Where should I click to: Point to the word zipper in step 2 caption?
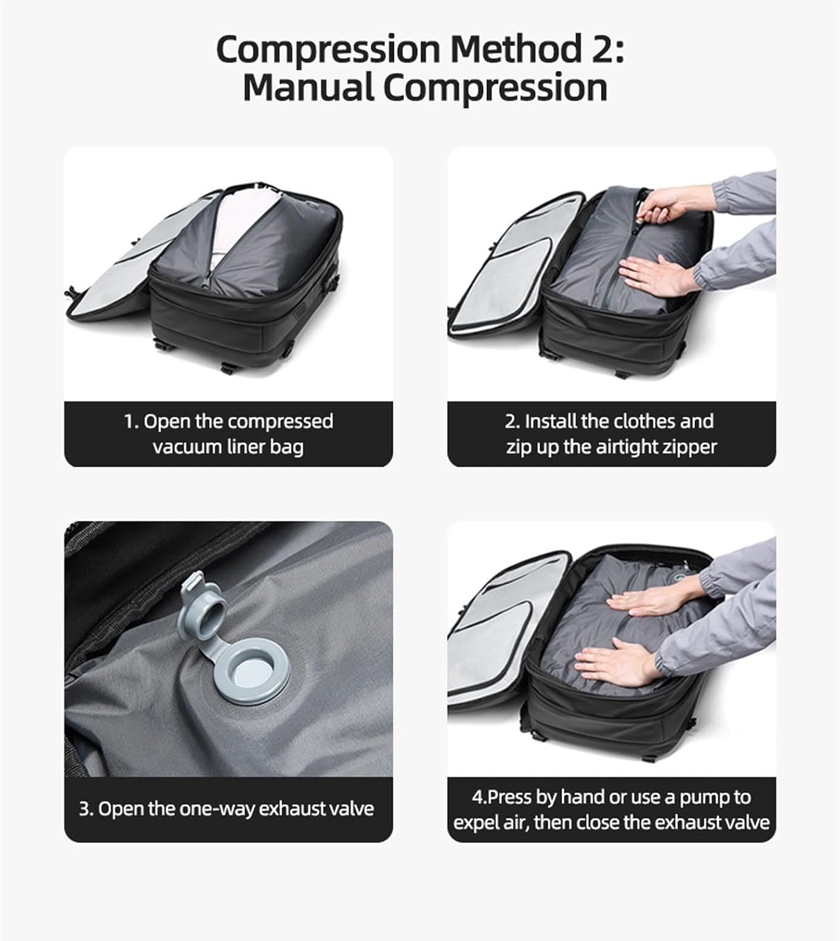click(x=688, y=447)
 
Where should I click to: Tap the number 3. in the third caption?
click(x=86, y=809)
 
